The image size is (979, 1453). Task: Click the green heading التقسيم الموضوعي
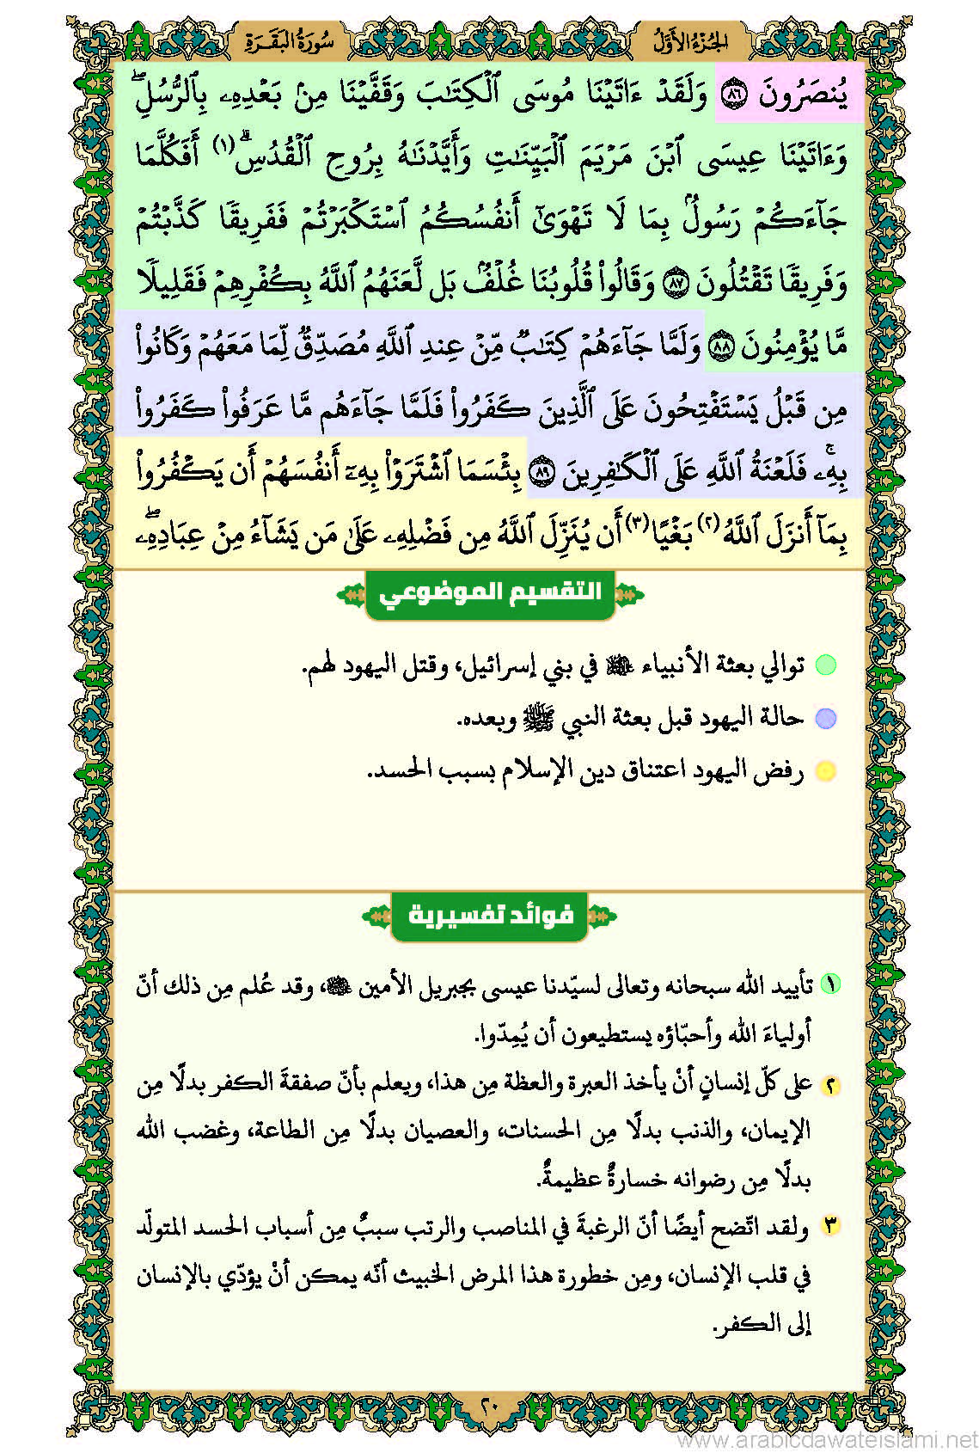coord(490,593)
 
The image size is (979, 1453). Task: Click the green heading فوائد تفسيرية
coord(490,915)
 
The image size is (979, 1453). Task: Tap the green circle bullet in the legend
coord(825,665)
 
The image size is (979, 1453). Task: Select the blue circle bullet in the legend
coord(825,718)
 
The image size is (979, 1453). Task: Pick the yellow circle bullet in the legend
coord(825,771)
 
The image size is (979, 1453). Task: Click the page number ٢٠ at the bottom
coord(489,1407)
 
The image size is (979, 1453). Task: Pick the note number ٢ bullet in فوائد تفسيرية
coord(829,1085)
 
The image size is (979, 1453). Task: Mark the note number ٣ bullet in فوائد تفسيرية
coord(829,1227)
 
